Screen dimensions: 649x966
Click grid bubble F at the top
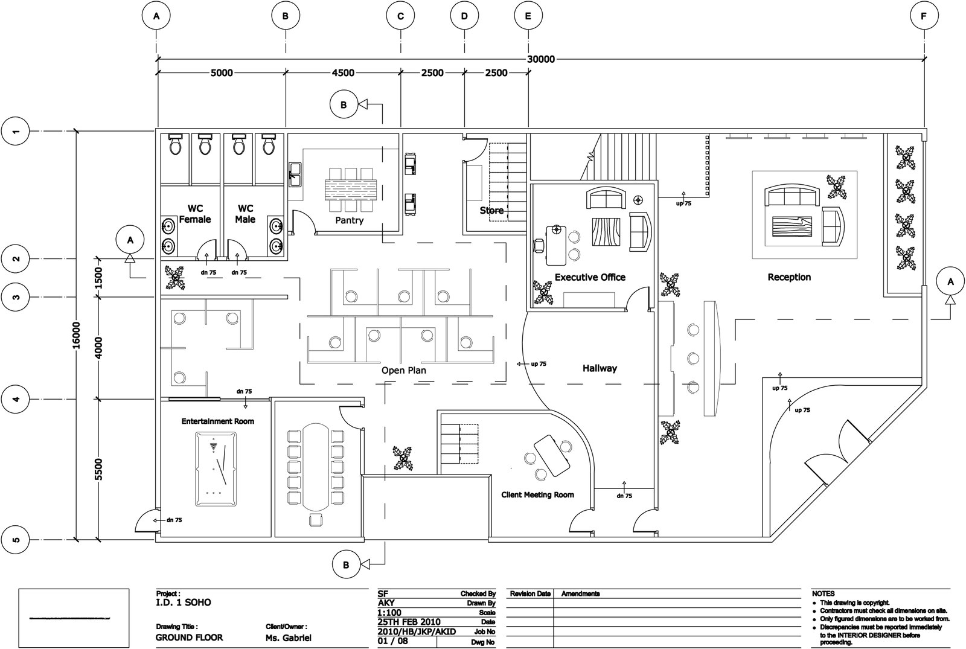pyautogui.click(x=924, y=16)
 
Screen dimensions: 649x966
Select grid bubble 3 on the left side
pyautogui.click(x=17, y=297)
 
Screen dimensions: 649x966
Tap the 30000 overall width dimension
pyautogui.click(x=540, y=59)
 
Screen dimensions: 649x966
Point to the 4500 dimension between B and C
pyautogui.click(x=342, y=73)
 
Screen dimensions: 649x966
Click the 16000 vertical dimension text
pyautogui.click(x=76, y=339)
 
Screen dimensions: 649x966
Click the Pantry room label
pyautogui.click(x=350, y=220)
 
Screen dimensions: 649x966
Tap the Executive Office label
pyautogui.click(x=590, y=277)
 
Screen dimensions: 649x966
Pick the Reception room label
pyautogui.click(x=788, y=277)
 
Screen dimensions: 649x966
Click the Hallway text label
pyautogui.click(x=600, y=368)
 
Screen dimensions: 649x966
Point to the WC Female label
pyautogui.click(x=194, y=214)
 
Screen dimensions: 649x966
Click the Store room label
pyautogui.click(x=491, y=211)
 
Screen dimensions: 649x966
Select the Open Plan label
pyautogui.click(x=403, y=370)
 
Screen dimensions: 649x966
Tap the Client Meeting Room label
pyautogui.click(x=537, y=494)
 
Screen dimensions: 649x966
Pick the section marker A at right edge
pyautogui.click(x=950, y=282)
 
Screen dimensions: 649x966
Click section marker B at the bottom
pyautogui.click(x=346, y=565)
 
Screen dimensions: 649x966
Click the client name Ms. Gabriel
pyautogui.click(x=289, y=638)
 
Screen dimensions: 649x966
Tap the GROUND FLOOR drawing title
pyautogui.click(x=189, y=638)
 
